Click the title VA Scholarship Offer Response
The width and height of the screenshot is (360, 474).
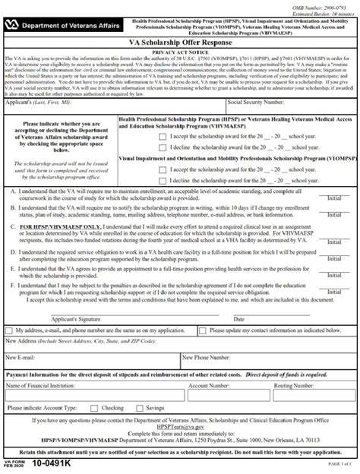point(180,44)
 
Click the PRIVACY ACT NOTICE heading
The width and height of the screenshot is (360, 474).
point(180,52)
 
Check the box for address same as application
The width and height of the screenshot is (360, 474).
point(8,330)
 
